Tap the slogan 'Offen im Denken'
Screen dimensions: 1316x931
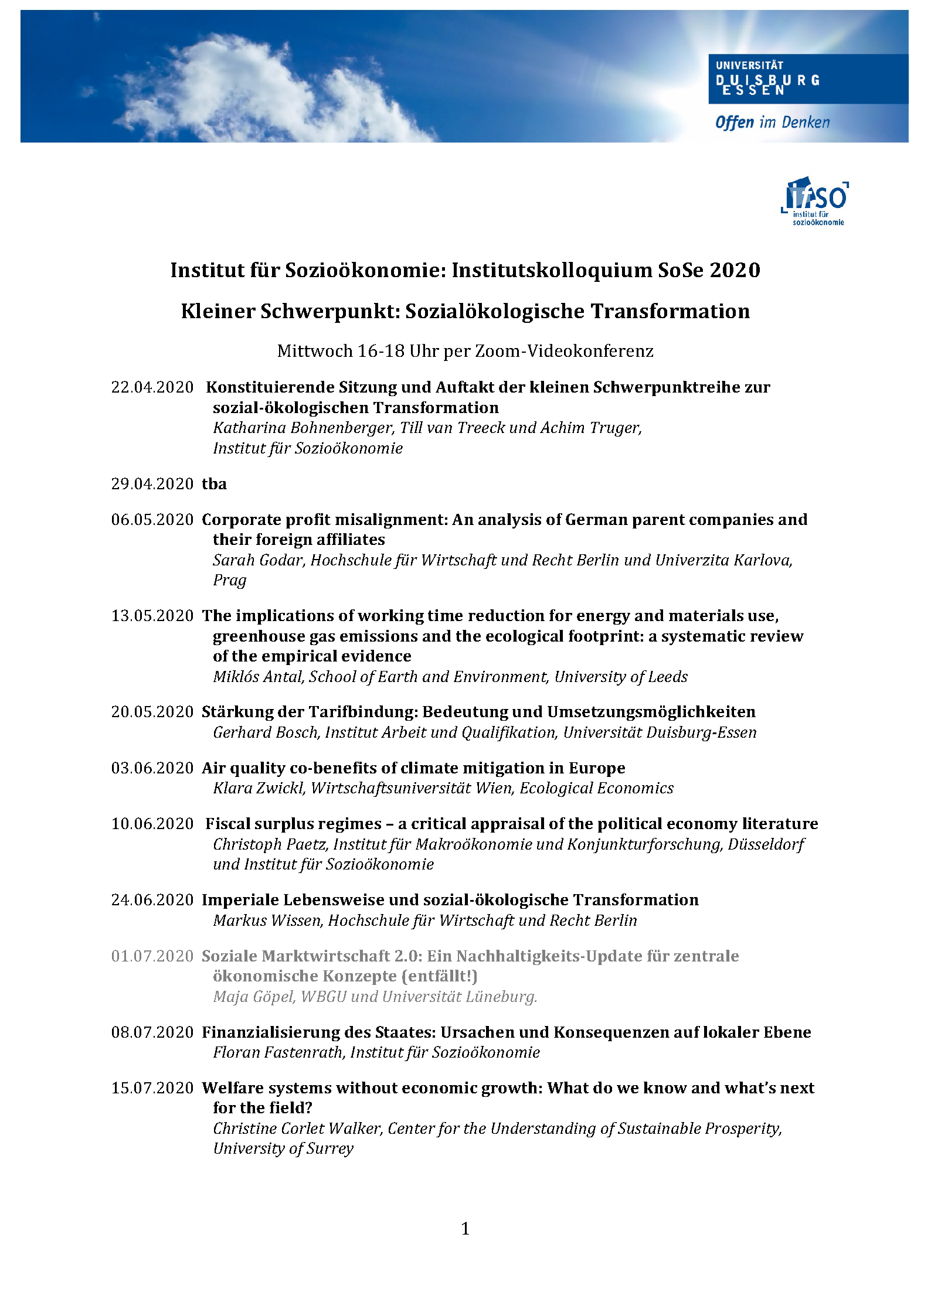coord(772,122)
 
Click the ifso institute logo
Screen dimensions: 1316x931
coord(816,201)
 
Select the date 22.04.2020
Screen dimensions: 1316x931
coord(152,387)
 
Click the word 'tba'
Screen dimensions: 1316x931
coord(214,484)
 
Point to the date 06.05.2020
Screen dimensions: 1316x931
coord(152,520)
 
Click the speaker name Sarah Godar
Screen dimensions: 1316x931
coord(258,560)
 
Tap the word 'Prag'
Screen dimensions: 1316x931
coord(229,580)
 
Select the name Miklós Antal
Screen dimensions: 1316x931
coord(258,677)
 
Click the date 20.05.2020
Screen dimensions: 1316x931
coord(152,712)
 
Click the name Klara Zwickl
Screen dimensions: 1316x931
coord(259,788)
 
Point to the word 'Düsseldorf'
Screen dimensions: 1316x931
coord(766,844)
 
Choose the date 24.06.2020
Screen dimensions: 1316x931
coord(152,900)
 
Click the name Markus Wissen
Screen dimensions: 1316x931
coord(267,920)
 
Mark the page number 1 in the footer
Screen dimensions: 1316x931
coord(465,1228)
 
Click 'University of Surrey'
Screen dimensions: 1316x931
coord(283,1148)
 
